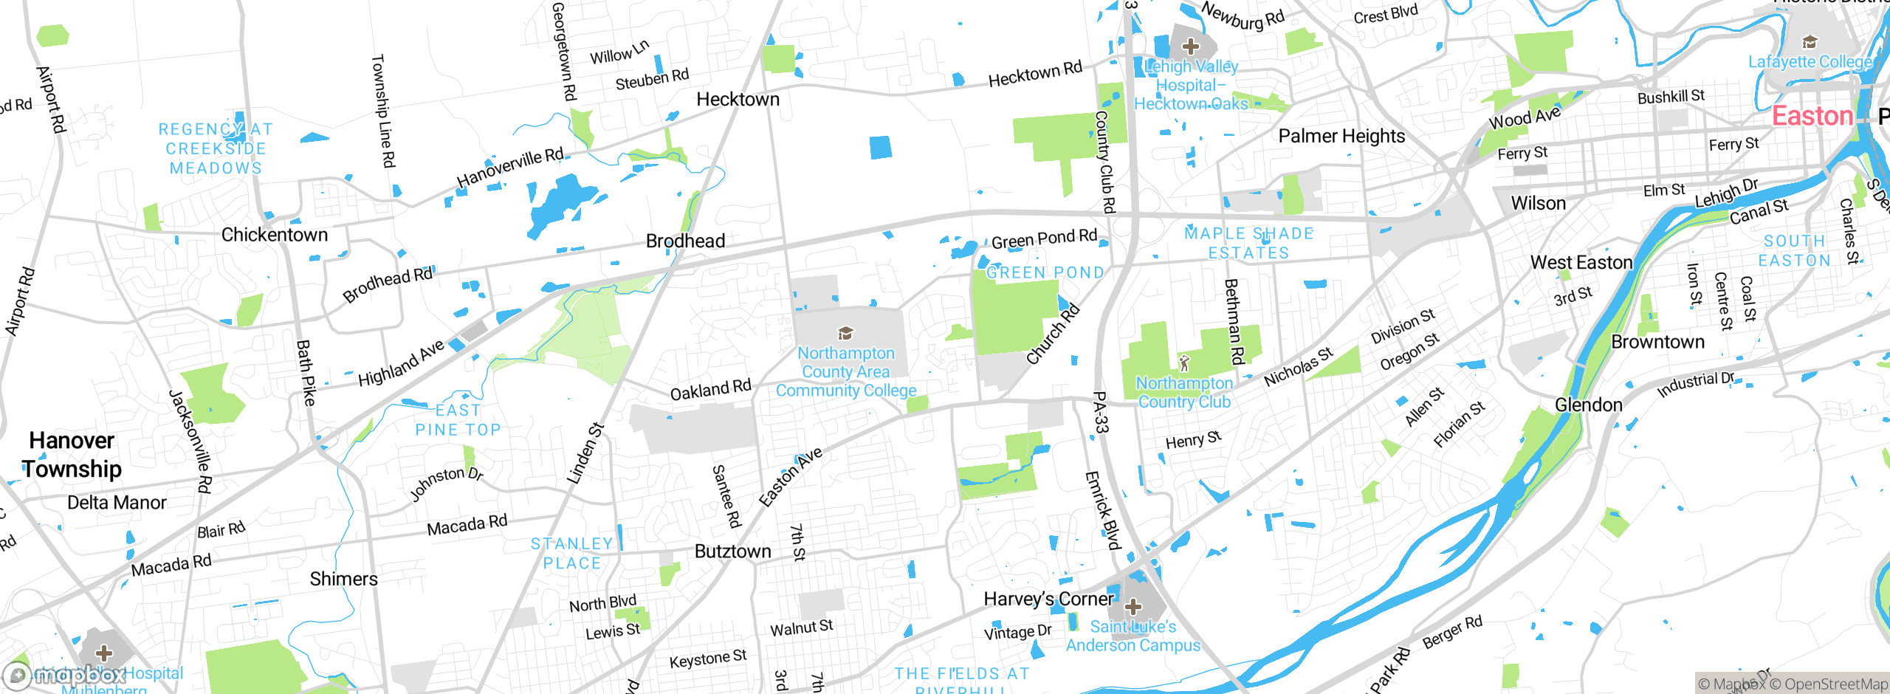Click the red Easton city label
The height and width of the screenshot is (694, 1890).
click(x=1812, y=117)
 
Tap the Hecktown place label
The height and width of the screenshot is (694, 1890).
click(x=738, y=100)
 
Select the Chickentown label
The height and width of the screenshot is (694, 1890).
click(x=275, y=235)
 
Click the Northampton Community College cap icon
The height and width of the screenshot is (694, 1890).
click(x=845, y=333)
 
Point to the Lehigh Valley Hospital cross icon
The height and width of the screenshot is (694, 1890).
click(x=1190, y=47)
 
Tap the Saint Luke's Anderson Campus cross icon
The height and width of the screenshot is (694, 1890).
click(x=1133, y=608)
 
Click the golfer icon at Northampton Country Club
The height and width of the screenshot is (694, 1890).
click(x=1185, y=363)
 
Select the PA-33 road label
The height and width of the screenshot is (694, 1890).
click(x=1100, y=412)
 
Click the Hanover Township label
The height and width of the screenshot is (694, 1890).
click(x=72, y=455)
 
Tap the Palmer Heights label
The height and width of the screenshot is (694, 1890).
click(x=1341, y=137)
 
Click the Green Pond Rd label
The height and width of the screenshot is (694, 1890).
click(x=1044, y=239)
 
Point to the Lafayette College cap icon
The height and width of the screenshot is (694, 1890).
click(x=1810, y=41)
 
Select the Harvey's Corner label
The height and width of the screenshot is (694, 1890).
click(x=1048, y=599)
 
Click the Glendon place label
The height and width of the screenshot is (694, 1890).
click(x=1588, y=405)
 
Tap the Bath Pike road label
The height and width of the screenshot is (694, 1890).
click(x=306, y=373)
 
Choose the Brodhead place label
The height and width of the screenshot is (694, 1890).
click(x=685, y=241)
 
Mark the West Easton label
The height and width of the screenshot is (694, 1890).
click(x=1581, y=263)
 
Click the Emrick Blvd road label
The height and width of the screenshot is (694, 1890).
click(x=1103, y=510)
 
